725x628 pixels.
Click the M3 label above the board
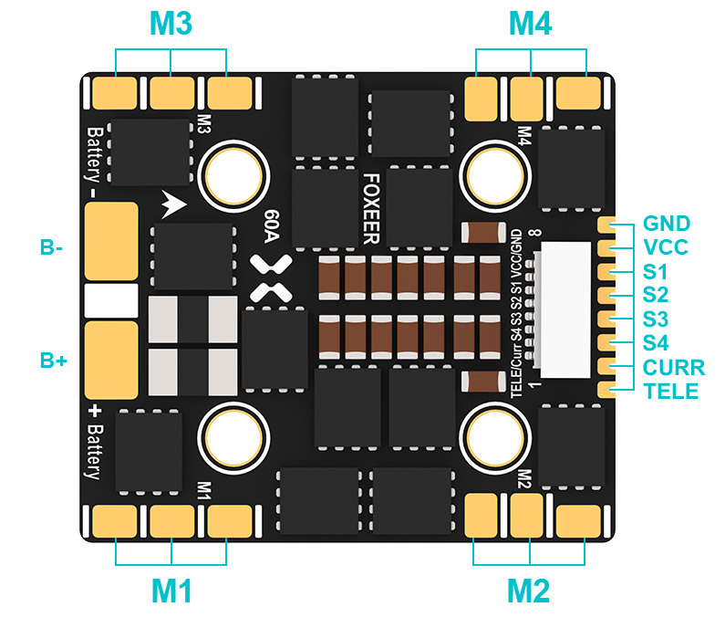tap(171, 25)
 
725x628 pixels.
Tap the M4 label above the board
tap(530, 25)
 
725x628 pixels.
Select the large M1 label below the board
tap(171, 591)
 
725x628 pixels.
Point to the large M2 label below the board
tap(530, 591)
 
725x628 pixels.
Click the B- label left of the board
tap(52, 247)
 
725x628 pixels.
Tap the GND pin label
tap(666, 224)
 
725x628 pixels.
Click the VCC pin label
tap(666, 247)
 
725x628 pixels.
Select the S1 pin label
tap(655, 271)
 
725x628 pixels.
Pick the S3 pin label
tap(655, 319)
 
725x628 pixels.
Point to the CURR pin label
tap(673, 368)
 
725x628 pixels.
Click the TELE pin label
tap(670, 392)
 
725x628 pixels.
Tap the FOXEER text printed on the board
tap(371, 209)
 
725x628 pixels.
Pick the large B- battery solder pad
tap(110, 241)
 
